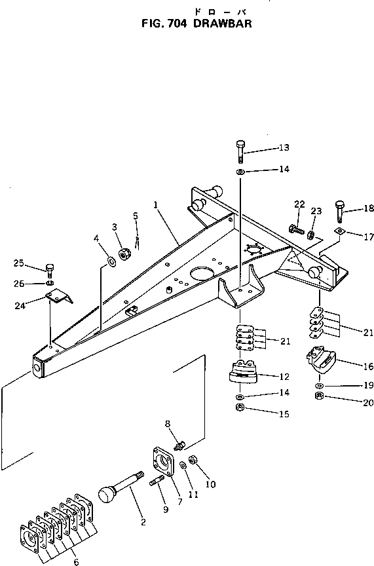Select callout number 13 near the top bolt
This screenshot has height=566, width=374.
click(x=284, y=147)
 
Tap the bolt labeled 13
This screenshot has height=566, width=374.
click(x=240, y=151)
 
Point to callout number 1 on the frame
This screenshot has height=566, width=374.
click(x=155, y=204)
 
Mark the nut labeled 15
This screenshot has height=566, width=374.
click(x=240, y=409)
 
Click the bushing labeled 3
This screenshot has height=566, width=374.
click(x=124, y=254)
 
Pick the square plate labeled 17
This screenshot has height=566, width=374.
click(x=339, y=232)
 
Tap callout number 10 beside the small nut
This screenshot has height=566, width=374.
click(x=211, y=485)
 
